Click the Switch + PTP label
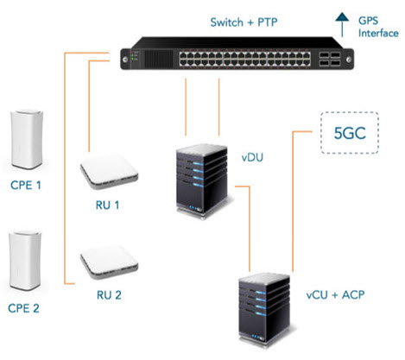pyautogui.click(x=244, y=22)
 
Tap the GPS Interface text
pyautogui.click(x=378, y=27)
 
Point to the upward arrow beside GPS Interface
pyautogui.click(x=342, y=25)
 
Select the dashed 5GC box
pyautogui.click(x=350, y=133)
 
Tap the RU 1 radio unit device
pyautogui.click(x=109, y=172)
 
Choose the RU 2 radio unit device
pyautogui.click(x=109, y=262)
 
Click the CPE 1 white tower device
pyautogui.click(x=27, y=139)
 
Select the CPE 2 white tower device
pyautogui.click(x=25, y=261)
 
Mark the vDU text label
pyautogui.click(x=252, y=158)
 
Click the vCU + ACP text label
pyautogui.click(x=335, y=295)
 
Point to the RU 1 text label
pyautogui.click(x=107, y=205)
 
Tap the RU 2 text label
pyautogui.click(x=109, y=295)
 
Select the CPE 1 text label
pyautogui.click(x=26, y=185)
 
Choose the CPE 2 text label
pyautogui.click(x=23, y=308)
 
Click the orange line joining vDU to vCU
pyautogui.click(x=250, y=222)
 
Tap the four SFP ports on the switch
pyautogui.click(x=330, y=59)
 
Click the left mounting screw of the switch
pyautogui.click(x=125, y=60)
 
